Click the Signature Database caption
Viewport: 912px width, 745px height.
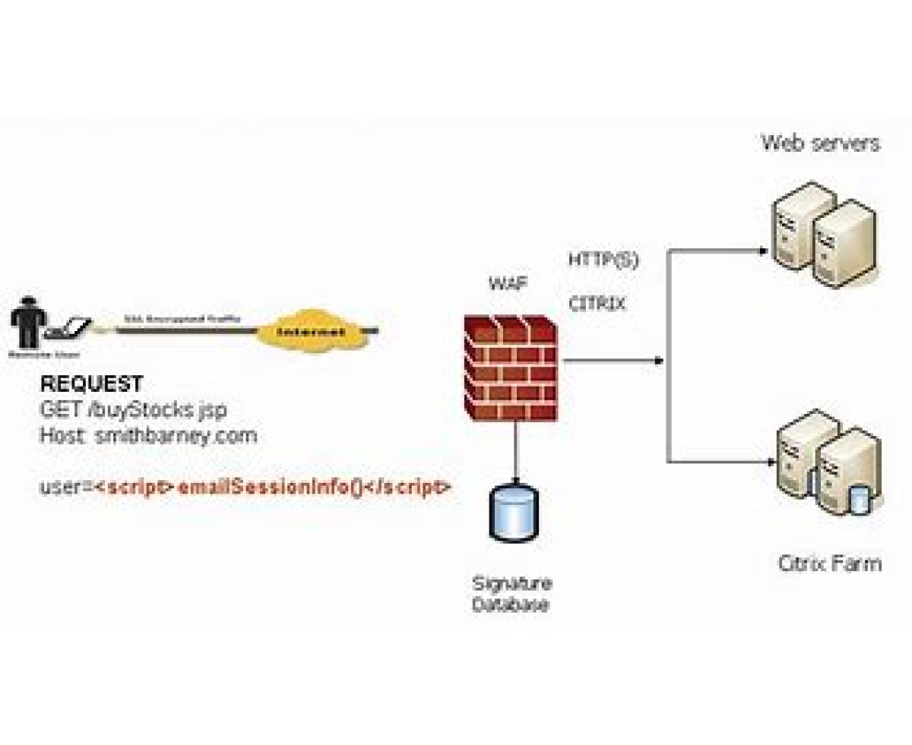(x=512, y=595)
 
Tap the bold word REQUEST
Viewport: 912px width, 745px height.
(x=91, y=384)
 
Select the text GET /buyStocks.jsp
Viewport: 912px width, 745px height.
(x=133, y=410)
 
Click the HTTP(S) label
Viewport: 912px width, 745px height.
(x=603, y=260)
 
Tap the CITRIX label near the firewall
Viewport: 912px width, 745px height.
(x=597, y=305)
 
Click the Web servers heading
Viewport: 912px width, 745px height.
(x=821, y=143)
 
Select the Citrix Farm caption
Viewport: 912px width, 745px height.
(x=830, y=563)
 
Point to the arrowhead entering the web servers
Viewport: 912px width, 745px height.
(x=763, y=250)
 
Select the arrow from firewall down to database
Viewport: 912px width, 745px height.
(x=517, y=452)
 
